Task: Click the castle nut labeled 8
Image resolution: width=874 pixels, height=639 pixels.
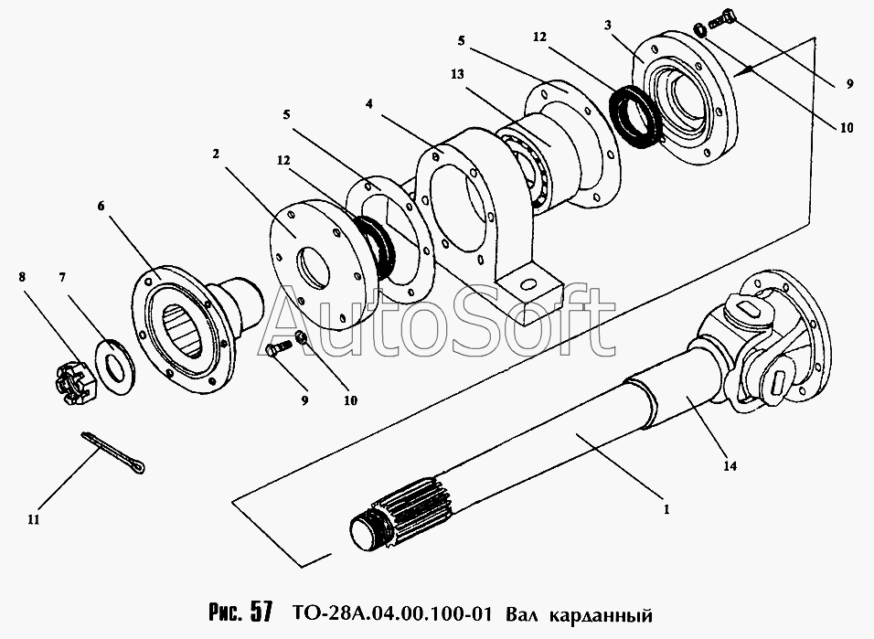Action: tap(70, 384)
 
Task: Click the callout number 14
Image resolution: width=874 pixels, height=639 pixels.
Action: tap(730, 466)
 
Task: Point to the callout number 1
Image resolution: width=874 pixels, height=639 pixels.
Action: tap(666, 508)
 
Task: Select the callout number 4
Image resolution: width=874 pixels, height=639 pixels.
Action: tap(368, 103)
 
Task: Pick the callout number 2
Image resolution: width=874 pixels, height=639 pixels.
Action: tap(216, 154)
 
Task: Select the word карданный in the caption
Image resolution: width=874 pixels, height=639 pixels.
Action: tap(594, 609)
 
